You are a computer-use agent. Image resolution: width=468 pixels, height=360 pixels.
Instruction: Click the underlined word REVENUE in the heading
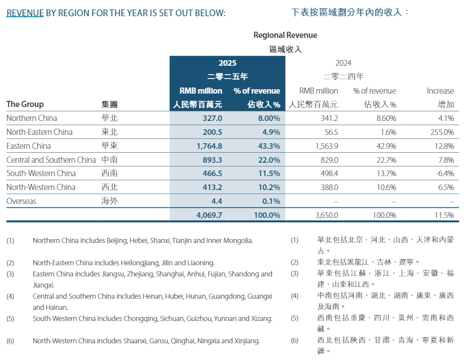[x=25, y=12]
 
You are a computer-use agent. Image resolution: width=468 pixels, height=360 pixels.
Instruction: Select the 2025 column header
[x=227, y=63]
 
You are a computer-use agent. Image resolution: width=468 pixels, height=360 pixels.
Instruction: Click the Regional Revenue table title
[x=285, y=35]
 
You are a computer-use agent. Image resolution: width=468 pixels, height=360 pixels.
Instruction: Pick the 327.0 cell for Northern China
[x=213, y=118]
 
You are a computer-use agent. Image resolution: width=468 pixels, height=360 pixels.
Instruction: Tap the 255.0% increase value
[x=442, y=132]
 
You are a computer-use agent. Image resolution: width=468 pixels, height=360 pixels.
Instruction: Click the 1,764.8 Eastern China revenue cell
[x=209, y=146]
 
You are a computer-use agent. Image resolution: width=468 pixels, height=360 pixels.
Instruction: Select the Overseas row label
[x=21, y=201]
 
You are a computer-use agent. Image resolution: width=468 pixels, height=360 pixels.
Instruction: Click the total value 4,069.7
[x=209, y=215]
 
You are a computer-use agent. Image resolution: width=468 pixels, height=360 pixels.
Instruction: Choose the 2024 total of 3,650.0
[x=326, y=215]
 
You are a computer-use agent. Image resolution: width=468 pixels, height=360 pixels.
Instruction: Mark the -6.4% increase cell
[x=443, y=173]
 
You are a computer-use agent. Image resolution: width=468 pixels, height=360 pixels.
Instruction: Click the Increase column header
[x=440, y=91]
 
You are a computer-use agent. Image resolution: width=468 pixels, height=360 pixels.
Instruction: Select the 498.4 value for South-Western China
[x=328, y=173]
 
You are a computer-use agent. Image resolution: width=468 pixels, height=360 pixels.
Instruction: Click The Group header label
[x=25, y=104]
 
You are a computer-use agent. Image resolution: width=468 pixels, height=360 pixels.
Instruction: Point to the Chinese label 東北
[x=110, y=132]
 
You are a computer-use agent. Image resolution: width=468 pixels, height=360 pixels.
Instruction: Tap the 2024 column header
[x=343, y=63]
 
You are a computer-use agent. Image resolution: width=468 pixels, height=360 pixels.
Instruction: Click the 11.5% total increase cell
[x=443, y=215]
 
